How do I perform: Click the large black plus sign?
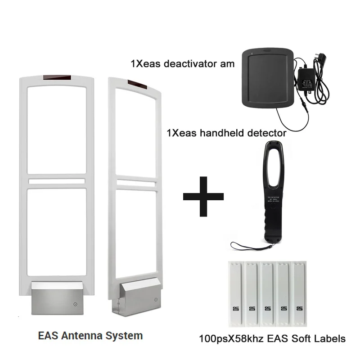tap(203, 196)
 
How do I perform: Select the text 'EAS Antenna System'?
tap(90, 335)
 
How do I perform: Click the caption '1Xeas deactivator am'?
tap(182, 64)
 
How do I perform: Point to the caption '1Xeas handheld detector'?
tap(226, 133)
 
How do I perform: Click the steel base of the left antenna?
tap(56, 298)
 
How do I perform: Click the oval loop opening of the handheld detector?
tap(270, 166)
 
